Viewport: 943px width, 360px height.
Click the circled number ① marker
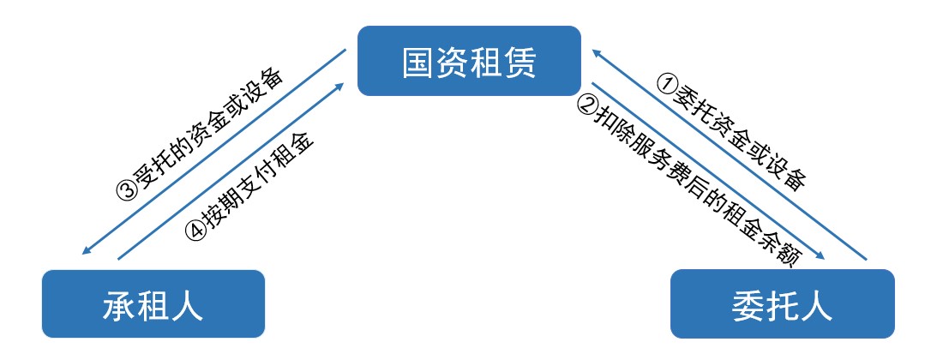pos(667,83)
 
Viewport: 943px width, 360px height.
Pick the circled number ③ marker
pos(127,189)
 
